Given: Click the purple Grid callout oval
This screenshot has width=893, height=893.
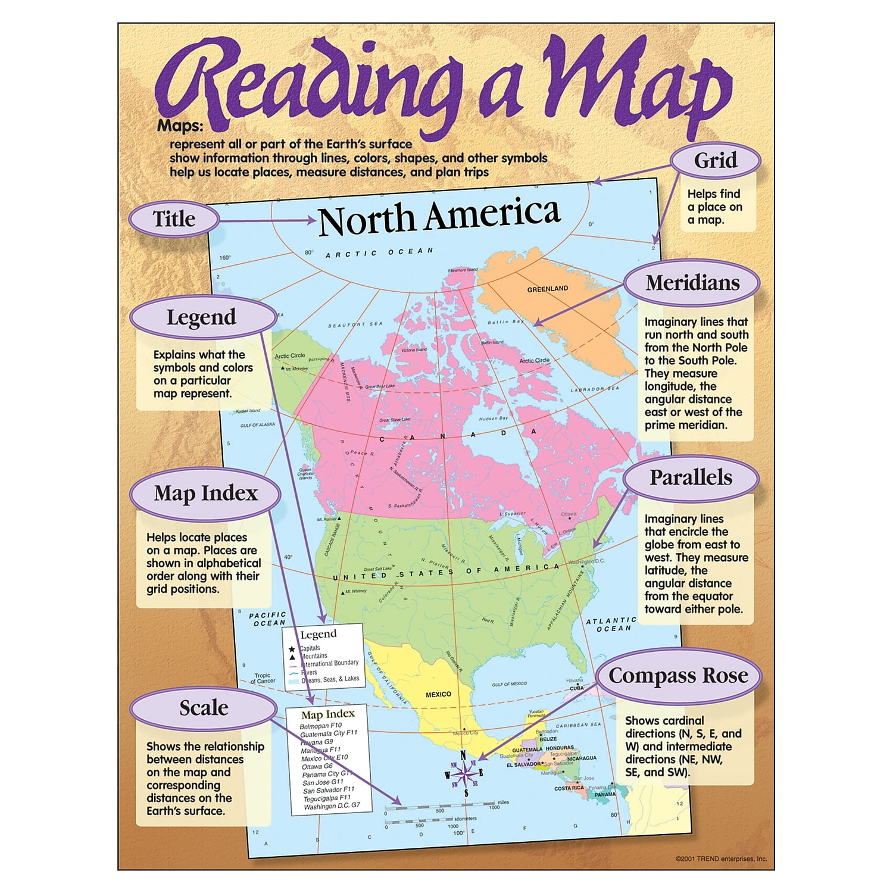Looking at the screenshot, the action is point(716,161).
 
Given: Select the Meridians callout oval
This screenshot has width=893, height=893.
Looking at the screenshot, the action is point(692,283).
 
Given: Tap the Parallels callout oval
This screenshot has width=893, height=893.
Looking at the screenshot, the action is point(691,477).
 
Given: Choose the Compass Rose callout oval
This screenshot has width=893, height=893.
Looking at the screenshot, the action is point(678,676).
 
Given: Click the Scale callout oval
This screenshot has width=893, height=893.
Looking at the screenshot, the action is point(204,708).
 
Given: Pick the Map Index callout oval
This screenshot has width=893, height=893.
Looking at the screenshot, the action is point(205,494).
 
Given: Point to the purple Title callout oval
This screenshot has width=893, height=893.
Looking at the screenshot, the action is point(174,218).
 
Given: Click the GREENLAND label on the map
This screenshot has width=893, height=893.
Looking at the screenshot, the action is point(548,289).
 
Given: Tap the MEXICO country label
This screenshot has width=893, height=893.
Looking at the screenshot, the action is point(438,694).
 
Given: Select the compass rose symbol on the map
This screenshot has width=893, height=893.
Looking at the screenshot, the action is point(463,774).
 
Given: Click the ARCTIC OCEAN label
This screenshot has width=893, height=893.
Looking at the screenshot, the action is point(379,253).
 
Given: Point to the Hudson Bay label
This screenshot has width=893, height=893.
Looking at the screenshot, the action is point(494,419).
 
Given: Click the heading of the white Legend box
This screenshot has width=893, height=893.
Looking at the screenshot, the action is point(319,635).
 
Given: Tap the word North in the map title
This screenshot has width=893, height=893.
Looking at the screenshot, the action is point(366,219).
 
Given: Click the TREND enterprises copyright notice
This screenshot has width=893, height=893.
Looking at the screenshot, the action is point(721,858).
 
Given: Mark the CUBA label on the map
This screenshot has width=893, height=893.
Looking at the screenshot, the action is point(577,688).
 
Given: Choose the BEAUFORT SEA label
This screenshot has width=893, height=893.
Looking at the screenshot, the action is point(355,324).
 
